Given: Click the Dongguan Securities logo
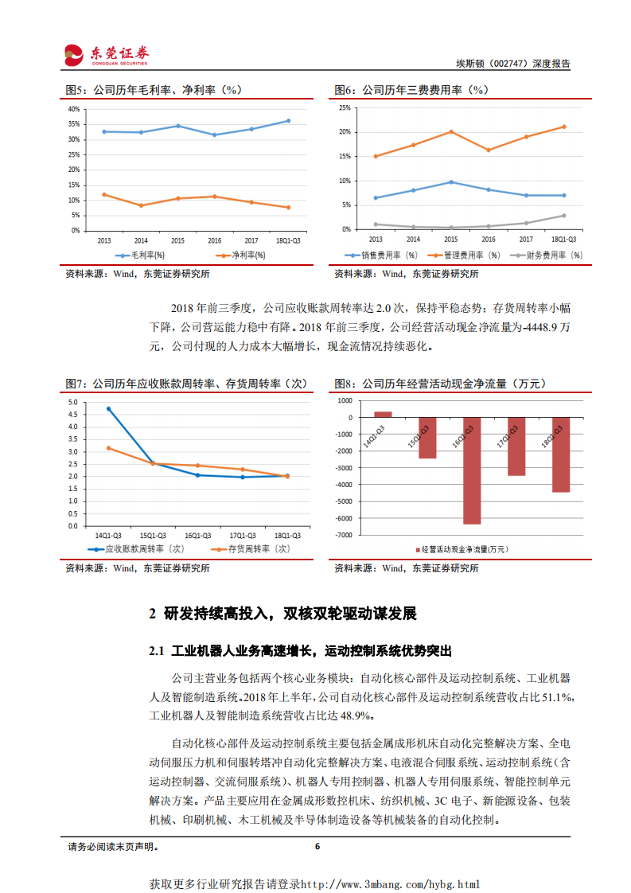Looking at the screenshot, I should point(107,54).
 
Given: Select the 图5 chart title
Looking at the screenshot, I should point(153,90).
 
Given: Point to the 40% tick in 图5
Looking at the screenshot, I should point(74,109).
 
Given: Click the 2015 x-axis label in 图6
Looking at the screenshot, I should point(451,239).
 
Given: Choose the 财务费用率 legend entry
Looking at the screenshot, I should point(547,255).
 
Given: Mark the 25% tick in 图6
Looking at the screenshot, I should point(345,107).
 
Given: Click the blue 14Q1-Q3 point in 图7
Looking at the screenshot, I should point(108,409).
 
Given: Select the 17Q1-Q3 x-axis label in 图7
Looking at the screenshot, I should point(243,534).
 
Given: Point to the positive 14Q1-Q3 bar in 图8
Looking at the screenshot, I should point(383,414).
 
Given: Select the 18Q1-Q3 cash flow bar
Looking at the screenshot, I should point(561,454).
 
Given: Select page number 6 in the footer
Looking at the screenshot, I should point(317,847).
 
